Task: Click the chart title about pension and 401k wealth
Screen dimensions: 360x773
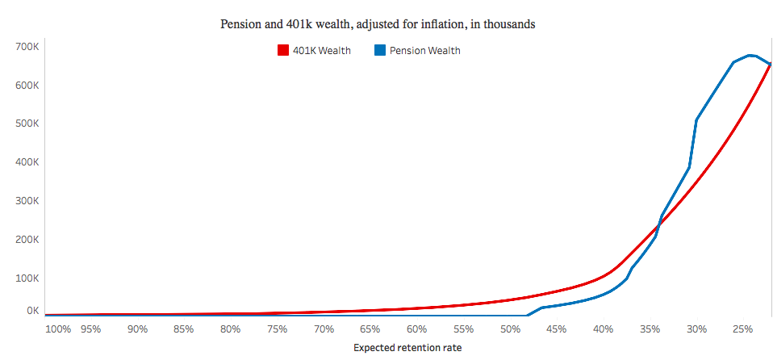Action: [378, 24]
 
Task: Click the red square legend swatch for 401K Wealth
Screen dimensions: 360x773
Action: [282, 51]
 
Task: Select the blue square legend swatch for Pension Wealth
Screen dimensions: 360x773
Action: [380, 51]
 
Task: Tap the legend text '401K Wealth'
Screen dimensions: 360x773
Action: [321, 51]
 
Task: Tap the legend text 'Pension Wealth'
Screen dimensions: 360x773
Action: [424, 51]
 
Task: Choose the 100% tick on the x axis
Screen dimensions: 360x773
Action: [58, 329]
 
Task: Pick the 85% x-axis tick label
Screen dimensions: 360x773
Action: [183, 329]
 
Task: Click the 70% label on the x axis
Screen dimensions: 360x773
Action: [324, 329]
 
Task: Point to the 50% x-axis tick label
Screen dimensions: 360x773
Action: [510, 329]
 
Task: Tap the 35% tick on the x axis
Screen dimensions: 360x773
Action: [650, 329]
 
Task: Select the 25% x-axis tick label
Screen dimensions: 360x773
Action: [742, 329]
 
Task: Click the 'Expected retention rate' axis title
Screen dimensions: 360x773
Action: [407, 348]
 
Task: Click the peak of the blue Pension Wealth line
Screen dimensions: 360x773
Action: [750, 55]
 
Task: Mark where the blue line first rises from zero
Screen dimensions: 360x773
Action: [528, 315]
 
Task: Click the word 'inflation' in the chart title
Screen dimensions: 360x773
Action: [459, 24]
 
